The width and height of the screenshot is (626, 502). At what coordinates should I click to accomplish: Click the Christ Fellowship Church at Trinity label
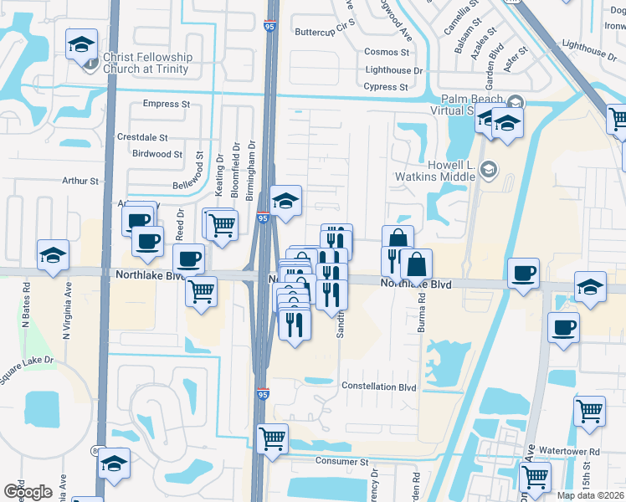(x=147, y=63)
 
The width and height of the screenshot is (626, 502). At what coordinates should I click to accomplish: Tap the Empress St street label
(x=167, y=104)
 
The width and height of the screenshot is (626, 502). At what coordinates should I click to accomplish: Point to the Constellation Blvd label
(x=379, y=387)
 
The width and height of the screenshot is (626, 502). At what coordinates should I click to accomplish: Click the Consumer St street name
(x=341, y=461)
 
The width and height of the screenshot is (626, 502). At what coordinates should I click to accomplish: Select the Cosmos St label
(x=386, y=52)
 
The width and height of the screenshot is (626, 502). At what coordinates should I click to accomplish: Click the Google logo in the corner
(x=28, y=491)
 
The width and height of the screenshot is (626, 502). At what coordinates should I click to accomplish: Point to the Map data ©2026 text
(x=590, y=495)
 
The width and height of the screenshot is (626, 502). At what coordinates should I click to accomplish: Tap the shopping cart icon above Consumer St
(x=272, y=438)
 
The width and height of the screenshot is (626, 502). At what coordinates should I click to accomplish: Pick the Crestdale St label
(x=142, y=137)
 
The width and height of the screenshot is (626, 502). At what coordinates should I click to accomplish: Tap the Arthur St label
(x=80, y=181)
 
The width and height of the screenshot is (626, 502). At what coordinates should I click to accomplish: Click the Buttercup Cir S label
(x=326, y=32)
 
